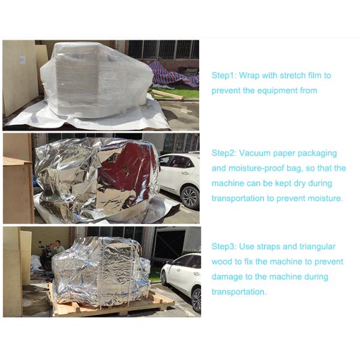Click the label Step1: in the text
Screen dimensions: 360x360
pyautogui.click(x=224, y=76)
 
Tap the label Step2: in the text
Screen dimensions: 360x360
pyautogui.click(x=224, y=153)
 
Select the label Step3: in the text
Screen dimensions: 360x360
pyautogui.click(x=224, y=247)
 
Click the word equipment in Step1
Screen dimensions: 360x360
pyautogui.click(x=277, y=91)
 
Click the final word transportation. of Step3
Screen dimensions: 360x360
pyautogui.click(x=239, y=292)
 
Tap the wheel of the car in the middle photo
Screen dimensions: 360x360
pyautogui.click(x=190, y=197)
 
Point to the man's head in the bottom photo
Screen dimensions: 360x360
pyautogui.click(x=58, y=242)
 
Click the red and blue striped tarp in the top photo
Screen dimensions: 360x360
pyautogui.click(x=174, y=73)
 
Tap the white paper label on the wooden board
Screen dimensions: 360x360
pyautogui.click(x=22, y=59)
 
